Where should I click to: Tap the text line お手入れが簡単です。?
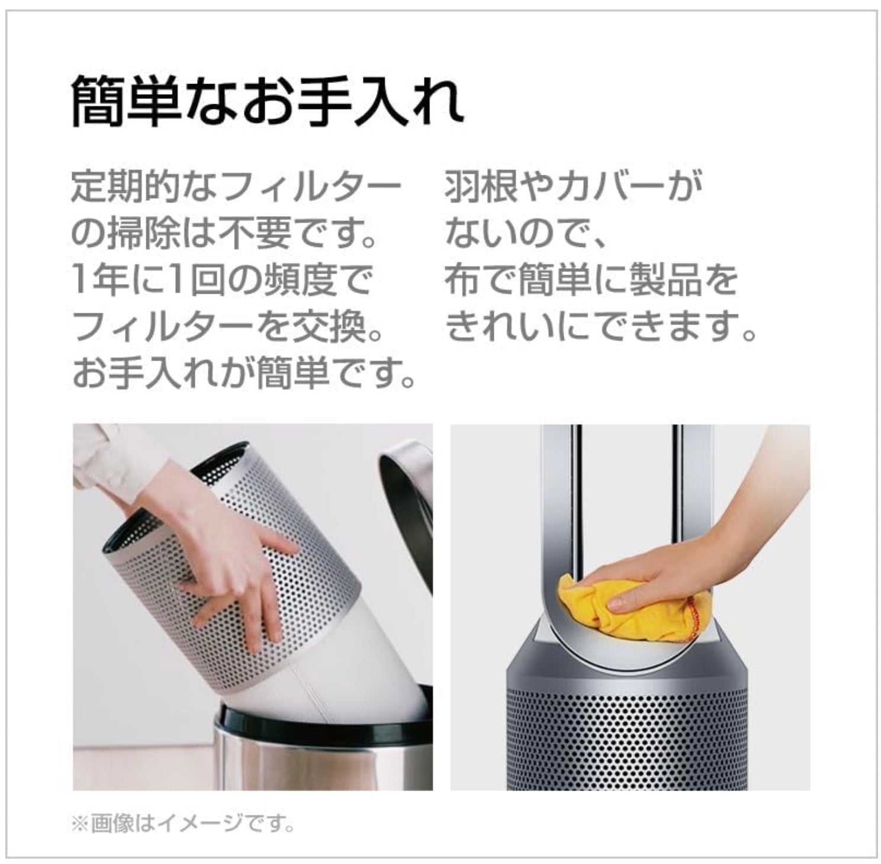[243, 373]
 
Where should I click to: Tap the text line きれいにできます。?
[601, 326]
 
